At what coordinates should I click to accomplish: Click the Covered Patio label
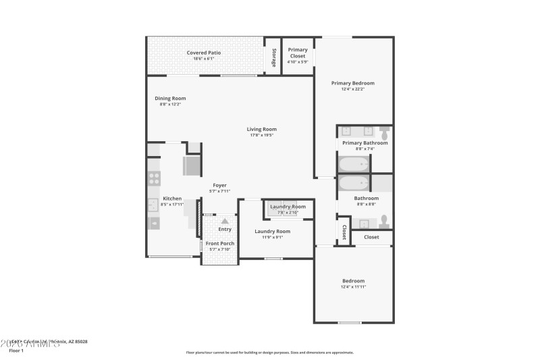pos(204,53)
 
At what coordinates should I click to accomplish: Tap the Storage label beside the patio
pos(274,57)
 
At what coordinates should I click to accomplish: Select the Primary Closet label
pos(298,53)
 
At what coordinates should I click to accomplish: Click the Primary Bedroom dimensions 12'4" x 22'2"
pos(352,89)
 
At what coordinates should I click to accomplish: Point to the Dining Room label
pos(170,98)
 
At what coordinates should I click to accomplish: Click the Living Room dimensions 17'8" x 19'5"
pos(261,135)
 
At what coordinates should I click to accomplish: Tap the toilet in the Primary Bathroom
pos(384,130)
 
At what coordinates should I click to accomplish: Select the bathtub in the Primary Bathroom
pos(354,163)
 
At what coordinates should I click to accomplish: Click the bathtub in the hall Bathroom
pos(354,183)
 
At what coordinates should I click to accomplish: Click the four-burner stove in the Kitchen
pos(155,178)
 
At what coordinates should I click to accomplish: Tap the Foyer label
pos(220,185)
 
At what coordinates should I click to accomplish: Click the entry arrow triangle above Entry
pos(225,220)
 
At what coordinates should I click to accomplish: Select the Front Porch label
pos(220,243)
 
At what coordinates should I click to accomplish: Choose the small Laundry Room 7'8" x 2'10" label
pos(288,207)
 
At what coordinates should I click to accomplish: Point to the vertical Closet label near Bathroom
pos(344,232)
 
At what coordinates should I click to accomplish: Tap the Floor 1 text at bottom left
pos(16,351)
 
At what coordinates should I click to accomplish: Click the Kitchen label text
pos(172,198)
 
